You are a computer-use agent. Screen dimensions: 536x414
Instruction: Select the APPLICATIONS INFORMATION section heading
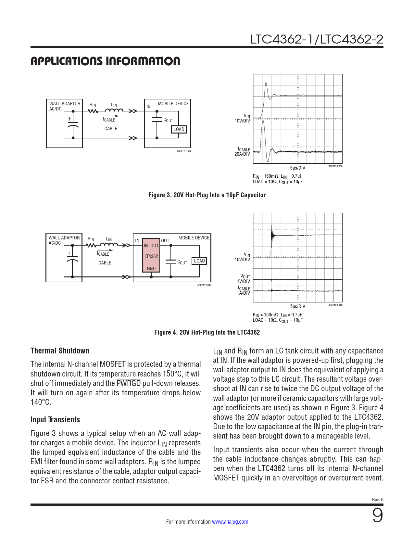[105, 61]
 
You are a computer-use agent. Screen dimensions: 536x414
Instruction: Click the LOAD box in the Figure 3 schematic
[179, 129]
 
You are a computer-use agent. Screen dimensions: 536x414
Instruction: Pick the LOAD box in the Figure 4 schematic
[199, 261]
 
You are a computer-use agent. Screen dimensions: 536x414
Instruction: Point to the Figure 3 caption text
[207, 195]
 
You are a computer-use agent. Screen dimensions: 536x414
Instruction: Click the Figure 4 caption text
[207, 332]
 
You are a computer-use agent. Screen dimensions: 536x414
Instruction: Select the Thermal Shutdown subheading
[60, 351]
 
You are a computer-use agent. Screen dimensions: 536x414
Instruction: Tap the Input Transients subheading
[55, 420]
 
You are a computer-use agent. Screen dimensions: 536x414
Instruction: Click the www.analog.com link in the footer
[230, 522]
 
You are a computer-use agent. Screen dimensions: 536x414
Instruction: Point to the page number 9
[377, 516]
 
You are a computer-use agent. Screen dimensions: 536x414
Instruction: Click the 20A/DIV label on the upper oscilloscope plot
[242, 154]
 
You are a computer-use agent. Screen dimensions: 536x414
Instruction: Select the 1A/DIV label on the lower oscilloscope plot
[243, 293]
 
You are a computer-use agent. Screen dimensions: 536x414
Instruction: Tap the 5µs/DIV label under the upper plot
[297, 168]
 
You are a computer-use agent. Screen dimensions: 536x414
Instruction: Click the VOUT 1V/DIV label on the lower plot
[244, 279]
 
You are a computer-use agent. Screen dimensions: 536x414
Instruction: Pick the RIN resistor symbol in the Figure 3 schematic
[93, 111]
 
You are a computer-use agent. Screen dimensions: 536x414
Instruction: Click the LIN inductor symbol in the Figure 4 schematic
[109, 245]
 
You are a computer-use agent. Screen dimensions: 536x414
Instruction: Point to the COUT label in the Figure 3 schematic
[168, 120]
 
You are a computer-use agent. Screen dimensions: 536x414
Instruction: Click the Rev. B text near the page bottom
[378, 500]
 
